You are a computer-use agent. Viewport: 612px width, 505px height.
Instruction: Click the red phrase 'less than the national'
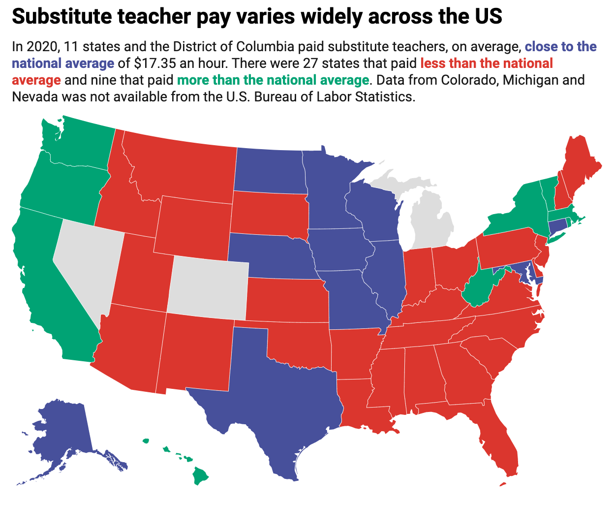[x=487, y=63]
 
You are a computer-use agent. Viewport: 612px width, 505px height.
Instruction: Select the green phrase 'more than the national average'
[x=273, y=80]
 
